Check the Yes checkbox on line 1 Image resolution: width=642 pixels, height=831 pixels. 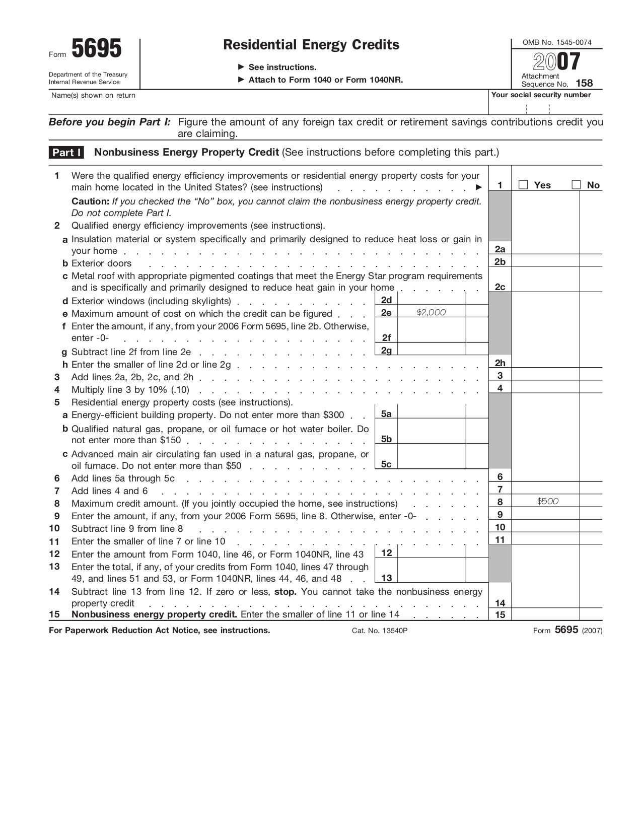pos(523,185)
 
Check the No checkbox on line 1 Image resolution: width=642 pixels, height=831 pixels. pos(576,185)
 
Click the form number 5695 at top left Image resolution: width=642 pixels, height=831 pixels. pos(96,49)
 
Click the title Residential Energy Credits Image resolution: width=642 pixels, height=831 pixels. pos(311,45)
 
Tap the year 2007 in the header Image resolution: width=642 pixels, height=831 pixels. pos(556,61)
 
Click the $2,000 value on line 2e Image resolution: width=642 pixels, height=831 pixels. pos(431,312)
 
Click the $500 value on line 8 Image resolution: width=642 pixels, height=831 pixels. pos(547,501)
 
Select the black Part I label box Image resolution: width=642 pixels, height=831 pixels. pos(66,153)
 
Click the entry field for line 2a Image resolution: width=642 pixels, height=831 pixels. pos(545,248)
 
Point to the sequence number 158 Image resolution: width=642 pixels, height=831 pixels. pos(584,84)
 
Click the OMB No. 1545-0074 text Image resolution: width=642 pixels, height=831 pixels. pos(557,42)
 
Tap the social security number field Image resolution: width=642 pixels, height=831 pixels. pos(545,108)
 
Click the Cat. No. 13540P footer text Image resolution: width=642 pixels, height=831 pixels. pos(379,631)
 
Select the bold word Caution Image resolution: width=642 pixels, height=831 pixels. pos(90,201)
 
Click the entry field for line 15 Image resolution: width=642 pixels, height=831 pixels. pos(545,614)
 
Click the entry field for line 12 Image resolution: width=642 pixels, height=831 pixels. pos(431,552)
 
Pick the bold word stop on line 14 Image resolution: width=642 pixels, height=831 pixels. pos(284,592)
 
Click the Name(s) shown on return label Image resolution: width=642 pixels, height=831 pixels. pos(93,95)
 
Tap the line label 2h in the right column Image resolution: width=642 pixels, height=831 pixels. pos(500,363)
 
